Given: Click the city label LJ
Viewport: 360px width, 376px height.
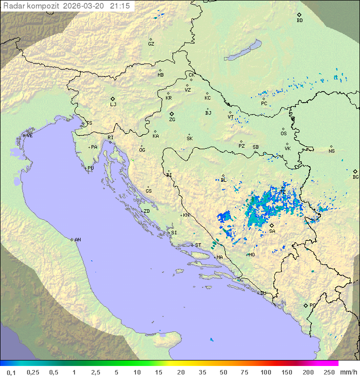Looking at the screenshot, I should pyautogui.click(x=113, y=105).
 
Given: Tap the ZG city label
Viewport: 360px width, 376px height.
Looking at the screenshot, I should pyautogui.click(x=172, y=120).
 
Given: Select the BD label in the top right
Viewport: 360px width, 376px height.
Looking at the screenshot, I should pyautogui.click(x=299, y=21).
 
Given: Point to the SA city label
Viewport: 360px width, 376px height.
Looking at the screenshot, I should pyautogui.click(x=272, y=231).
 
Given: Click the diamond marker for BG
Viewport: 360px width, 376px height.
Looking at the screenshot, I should pyautogui.click(x=355, y=171).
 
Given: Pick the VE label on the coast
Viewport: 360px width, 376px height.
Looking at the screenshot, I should pyautogui.click(x=29, y=136).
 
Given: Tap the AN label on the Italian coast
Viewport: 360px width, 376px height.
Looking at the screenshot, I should pyautogui.click(x=77, y=240).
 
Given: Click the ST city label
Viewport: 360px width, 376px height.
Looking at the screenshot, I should pyautogui.click(x=198, y=245).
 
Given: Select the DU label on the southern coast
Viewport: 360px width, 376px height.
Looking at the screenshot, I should pyautogui.click(x=262, y=293).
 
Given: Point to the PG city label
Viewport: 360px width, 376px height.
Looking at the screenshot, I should pyautogui.click(x=312, y=305).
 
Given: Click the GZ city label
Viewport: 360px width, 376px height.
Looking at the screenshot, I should pyautogui.click(x=151, y=44).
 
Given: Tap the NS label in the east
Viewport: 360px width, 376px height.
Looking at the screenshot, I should pyautogui.click(x=331, y=151).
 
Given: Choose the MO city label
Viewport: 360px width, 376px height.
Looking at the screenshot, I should pyautogui.click(x=251, y=255).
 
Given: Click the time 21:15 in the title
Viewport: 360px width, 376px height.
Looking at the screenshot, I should pyautogui.click(x=120, y=6).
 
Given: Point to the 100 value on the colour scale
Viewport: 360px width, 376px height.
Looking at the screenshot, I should pyautogui.click(x=265, y=372).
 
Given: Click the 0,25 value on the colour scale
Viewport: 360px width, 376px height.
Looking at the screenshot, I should pyautogui.click(x=33, y=372).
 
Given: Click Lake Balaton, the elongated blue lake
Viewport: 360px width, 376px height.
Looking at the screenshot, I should pyautogui.click(x=242, y=51).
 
